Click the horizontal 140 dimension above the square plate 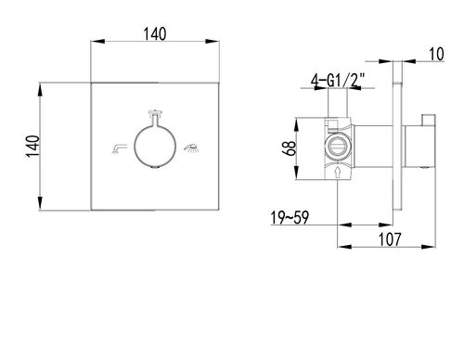(x=155, y=34)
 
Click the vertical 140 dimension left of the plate (x=33, y=147)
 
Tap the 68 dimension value (x=290, y=148)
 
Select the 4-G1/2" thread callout (x=338, y=82)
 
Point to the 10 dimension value (x=436, y=54)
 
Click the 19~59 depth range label (x=290, y=217)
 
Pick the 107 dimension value (x=390, y=239)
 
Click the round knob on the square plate (x=155, y=146)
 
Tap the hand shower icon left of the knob (x=120, y=148)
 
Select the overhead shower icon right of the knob (x=191, y=148)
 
